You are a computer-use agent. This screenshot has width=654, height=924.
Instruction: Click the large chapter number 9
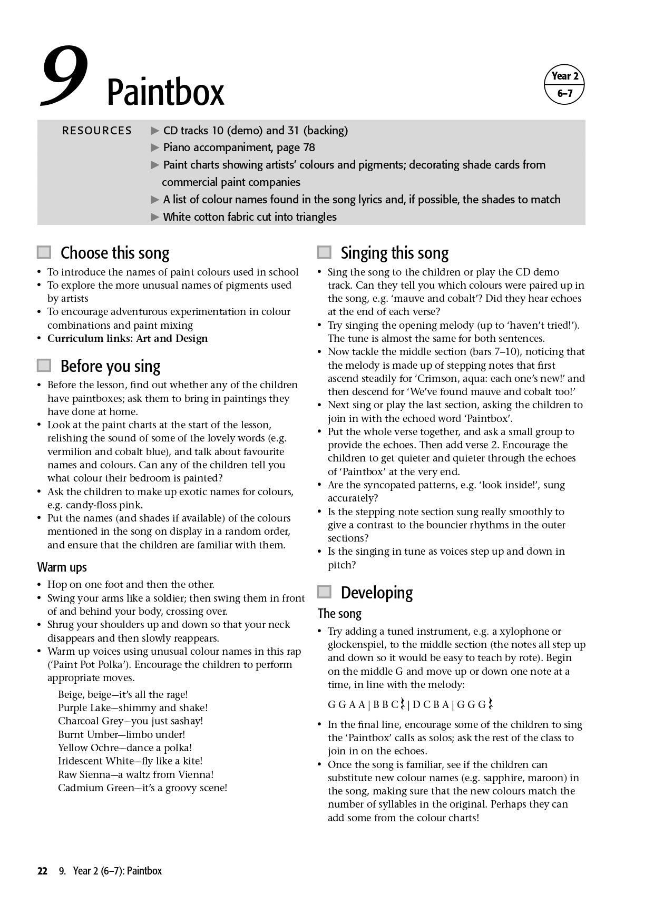[x=64, y=76]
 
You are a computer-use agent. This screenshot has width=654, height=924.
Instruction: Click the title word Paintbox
[x=165, y=93]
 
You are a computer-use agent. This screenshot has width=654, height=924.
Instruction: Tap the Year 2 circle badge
[x=564, y=84]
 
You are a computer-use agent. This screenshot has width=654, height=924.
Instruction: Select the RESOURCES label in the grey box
[x=97, y=131]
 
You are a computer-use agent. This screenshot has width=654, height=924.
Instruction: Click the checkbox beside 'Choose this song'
[x=44, y=252]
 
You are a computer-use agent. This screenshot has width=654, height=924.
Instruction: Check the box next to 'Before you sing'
[x=44, y=365]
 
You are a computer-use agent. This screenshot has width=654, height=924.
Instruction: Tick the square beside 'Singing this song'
[x=325, y=252]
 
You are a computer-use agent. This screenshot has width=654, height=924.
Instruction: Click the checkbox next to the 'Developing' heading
[x=325, y=592]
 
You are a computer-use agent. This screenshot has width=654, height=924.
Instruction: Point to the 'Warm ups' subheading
[x=62, y=567]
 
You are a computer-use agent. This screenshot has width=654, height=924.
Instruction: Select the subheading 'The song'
[x=339, y=614]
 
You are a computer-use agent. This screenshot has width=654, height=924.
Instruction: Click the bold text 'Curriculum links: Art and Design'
[x=128, y=339]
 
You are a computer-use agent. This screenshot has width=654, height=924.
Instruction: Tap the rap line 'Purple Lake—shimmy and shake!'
[x=133, y=707]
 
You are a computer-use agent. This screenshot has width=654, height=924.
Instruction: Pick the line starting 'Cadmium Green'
[x=142, y=788]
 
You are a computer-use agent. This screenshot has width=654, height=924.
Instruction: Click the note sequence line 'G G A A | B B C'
[x=410, y=704]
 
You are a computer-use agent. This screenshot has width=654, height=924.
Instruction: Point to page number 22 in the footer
[x=42, y=871]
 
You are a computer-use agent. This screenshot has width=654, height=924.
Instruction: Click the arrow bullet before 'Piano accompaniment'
[x=155, y=148]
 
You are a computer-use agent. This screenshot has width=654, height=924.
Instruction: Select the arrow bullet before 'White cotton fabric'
[x=155, y=217]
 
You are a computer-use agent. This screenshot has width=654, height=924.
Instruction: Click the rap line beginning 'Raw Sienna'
[x=135, y=774]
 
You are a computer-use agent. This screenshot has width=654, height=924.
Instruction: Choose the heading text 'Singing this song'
[x=395, y=253]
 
